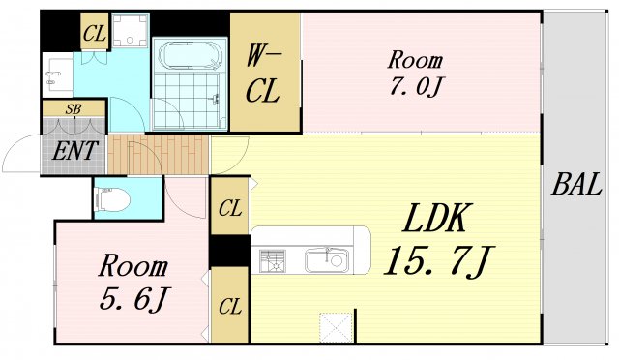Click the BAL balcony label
(x=577, y=186)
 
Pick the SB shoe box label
(x=73, y=109)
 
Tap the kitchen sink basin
(x=325, y=259)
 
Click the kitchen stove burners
(x=272, y=259)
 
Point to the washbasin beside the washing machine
(x=56, y=69)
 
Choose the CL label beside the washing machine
(x=94, y=35)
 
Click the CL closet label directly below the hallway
(x=229, y=206)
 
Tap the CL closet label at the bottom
(x=229, y=308)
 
